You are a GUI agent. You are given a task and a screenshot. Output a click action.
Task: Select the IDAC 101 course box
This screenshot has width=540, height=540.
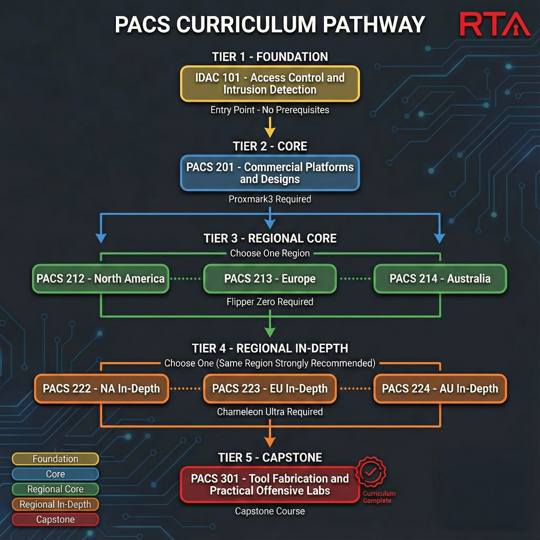[x=270, y=84]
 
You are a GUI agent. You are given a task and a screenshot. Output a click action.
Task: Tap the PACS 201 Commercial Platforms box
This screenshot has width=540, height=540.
[x=270, y=173]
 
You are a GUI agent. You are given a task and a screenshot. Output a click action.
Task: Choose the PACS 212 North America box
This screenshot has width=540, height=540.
[x=101, y=279]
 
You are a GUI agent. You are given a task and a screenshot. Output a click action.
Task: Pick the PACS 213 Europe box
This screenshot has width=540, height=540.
[x=270, y=279]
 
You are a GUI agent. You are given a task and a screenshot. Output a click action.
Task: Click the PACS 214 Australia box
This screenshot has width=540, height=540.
[x=440, y=279]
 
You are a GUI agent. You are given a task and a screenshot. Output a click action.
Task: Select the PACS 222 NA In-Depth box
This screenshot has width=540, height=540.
[x=101, y=388]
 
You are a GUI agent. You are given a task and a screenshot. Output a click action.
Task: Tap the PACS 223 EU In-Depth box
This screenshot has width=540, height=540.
[x=270, y=388]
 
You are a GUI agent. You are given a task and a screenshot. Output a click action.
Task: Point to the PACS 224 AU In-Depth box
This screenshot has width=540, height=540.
[x=440, y=388]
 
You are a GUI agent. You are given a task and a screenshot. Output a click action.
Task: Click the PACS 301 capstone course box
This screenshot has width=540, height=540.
[x=270, y=484]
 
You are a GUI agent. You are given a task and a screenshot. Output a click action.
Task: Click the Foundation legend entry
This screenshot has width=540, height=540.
[x=55, y=459]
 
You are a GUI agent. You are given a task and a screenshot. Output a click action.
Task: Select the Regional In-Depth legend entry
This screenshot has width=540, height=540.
[x=55, y=504]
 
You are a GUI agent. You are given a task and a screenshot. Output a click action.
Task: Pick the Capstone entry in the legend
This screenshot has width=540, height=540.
[x=55, y=519]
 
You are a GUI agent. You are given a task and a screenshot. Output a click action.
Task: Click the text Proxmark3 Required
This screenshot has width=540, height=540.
[x=270, y=199]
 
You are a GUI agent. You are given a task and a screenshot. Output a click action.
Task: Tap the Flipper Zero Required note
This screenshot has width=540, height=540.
[x=270, y=302]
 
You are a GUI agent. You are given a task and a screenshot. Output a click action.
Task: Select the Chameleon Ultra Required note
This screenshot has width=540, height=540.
[x=270, y=412]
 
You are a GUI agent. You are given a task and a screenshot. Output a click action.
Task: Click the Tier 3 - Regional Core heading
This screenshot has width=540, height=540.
[x=270, y=238]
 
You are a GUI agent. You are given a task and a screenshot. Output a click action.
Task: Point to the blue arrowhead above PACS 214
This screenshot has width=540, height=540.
[x=440, y=238]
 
